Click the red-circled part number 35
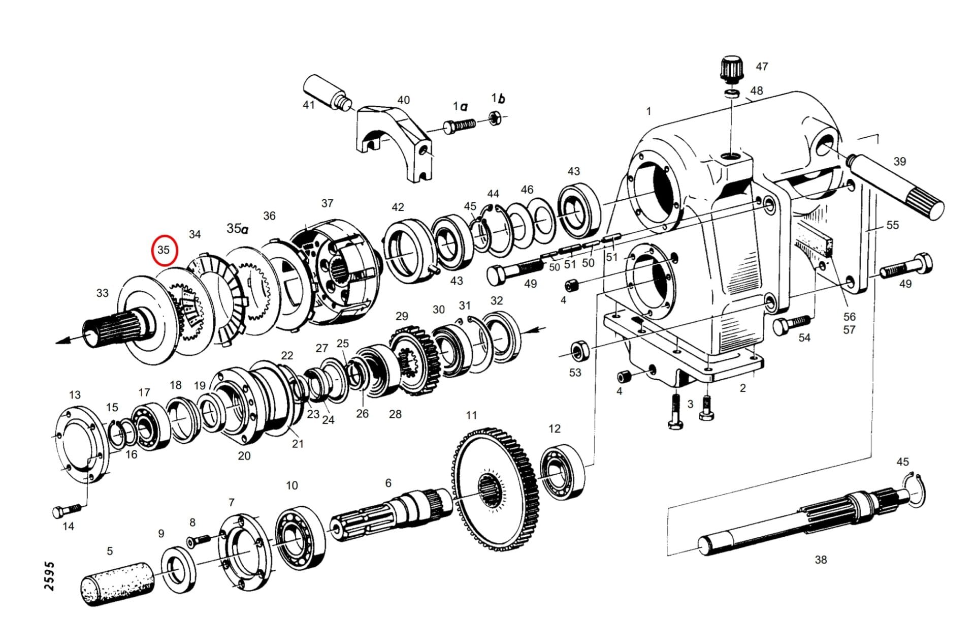[x=164, y=250]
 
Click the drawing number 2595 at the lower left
[x=49, y=576]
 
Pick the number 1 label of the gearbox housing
[x=648, y=111]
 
